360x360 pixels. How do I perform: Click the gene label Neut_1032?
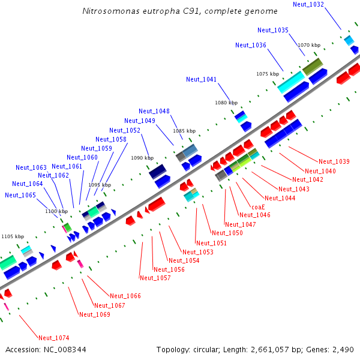coord(308,4)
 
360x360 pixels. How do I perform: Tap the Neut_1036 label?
coord(251,45)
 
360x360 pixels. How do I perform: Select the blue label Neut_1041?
coord(201,79)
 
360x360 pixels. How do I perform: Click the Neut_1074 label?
coord(53,338)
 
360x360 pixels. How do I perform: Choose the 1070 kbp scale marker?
coord(309,45)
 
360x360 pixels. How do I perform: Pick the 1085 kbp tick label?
coord(184,131)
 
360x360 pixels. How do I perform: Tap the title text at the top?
coord(179,11)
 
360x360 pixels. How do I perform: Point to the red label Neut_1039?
coord(334,161)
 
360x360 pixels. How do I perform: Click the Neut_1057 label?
coord(155,278)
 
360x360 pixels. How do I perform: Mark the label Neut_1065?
coord(20,195)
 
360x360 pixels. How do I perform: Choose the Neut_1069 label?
coord(95,314)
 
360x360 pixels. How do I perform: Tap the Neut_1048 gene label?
coord(154,111)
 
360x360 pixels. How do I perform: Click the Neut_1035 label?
coord(273,30)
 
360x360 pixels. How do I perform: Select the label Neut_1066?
coord(125,296)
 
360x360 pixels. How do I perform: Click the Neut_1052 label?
coord(125,130)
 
